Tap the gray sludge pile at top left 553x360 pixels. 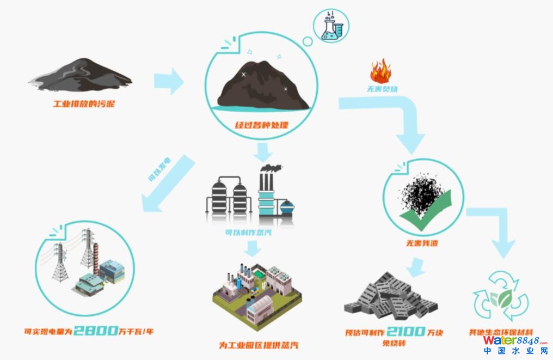click(80, 73)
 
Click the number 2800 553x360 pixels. click(96, 330)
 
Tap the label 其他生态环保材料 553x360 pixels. click(500, 332)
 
